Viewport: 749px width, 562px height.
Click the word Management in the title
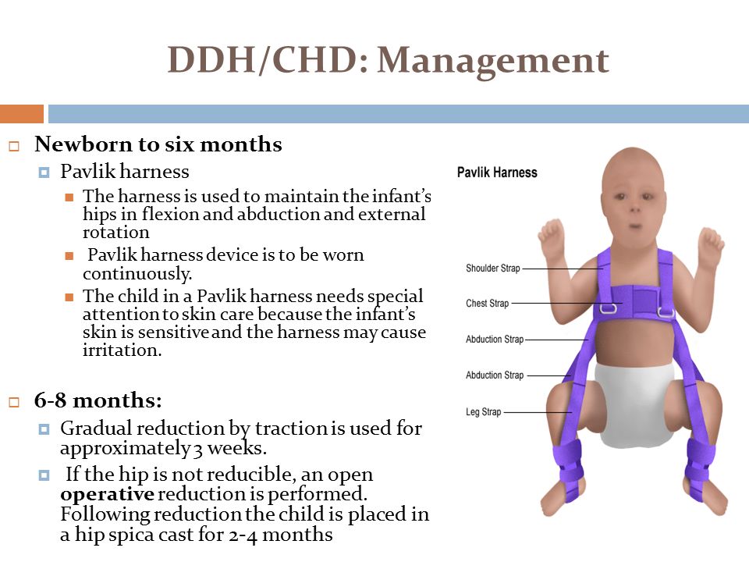pos(493,61)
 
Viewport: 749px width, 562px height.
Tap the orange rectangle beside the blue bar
pos(22,114)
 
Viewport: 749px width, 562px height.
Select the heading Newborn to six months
pos(158,144)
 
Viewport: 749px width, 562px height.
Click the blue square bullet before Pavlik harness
pos(44,172)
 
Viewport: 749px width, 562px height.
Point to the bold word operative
pos(107,494)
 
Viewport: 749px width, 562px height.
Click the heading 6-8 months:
pos(98,400)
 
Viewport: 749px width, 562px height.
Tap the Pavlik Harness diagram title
pos(497,173)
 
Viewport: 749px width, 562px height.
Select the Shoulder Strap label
pos(492,268)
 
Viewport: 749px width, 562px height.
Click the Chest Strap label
pos(487,304)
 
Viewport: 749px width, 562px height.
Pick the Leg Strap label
pos(484,412)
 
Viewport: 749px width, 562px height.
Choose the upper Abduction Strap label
pos(495,340)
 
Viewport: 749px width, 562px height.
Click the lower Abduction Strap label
pos(495,375)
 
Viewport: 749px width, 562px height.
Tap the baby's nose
pos(635,209)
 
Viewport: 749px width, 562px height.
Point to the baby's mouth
pos(635,226)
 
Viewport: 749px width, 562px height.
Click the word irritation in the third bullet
pos(122,350)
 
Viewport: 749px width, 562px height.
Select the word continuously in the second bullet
pos(137,274)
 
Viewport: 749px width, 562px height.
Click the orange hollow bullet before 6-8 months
pos(14,402)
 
